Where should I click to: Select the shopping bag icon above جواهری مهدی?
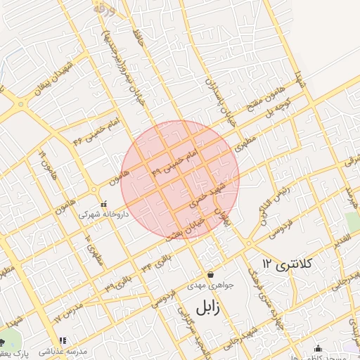coord(210,274)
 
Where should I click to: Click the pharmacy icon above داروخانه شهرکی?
coord(103,203)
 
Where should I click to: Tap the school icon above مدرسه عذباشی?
coord(63,340)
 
